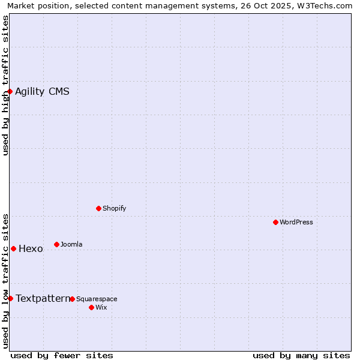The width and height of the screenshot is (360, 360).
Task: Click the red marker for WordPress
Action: (275, 222)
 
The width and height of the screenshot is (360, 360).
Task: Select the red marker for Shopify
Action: (98, 208)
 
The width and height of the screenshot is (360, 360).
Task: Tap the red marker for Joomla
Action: (56, 244)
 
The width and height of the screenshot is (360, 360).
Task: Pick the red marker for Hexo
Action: (13, 248)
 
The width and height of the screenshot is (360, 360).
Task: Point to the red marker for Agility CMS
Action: (10, 91)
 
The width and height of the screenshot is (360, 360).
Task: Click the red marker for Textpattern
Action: (10, 298)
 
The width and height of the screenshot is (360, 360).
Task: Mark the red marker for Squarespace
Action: (72, 299)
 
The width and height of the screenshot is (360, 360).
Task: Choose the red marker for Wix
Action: (91, 307)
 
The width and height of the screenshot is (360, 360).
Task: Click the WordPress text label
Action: (296, 222)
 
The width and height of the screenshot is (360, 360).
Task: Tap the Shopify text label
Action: (114, 208)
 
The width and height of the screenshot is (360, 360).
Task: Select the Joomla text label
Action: (71, 244)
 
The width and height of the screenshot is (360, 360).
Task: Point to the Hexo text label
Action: (31, 249)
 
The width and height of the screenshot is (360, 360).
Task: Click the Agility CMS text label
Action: (42, 92)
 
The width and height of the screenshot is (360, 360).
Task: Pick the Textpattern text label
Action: (43, 298)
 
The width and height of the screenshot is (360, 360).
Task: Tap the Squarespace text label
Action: (97, 299)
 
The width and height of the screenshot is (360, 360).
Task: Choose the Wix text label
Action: (101, 307)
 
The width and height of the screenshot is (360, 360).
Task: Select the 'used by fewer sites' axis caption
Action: (62, 355)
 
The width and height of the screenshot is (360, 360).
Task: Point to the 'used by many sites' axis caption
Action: (301, 355)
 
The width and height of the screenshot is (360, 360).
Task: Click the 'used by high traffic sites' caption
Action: (5, 85)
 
